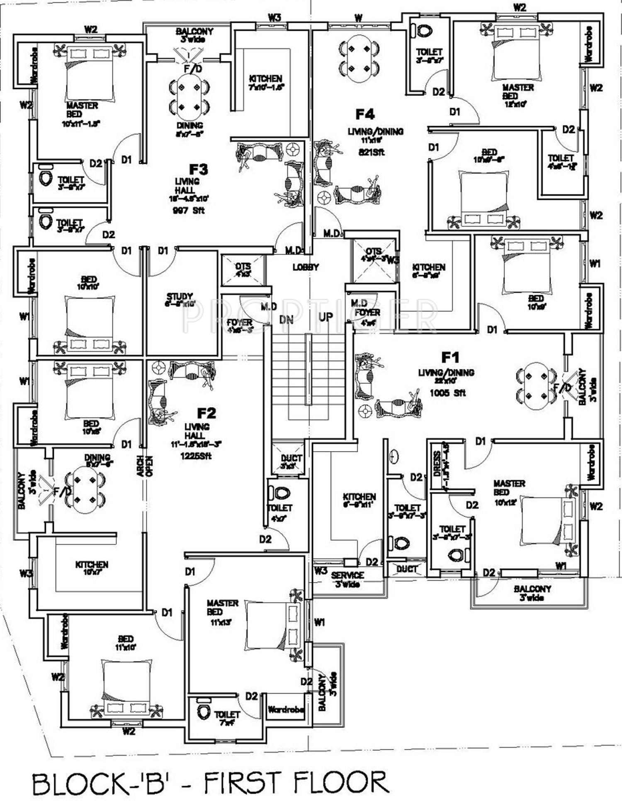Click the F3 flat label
point(199,169)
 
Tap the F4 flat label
point(365,114)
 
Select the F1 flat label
point(450,357)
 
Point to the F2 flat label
point(206,413)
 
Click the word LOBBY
point(306,267)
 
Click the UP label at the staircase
point(326,317)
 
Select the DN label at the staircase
point(286,319)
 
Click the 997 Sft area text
point(189,211)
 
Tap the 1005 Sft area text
point(448,393)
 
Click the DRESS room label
point(437,464)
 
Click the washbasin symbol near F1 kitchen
point(394,456)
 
